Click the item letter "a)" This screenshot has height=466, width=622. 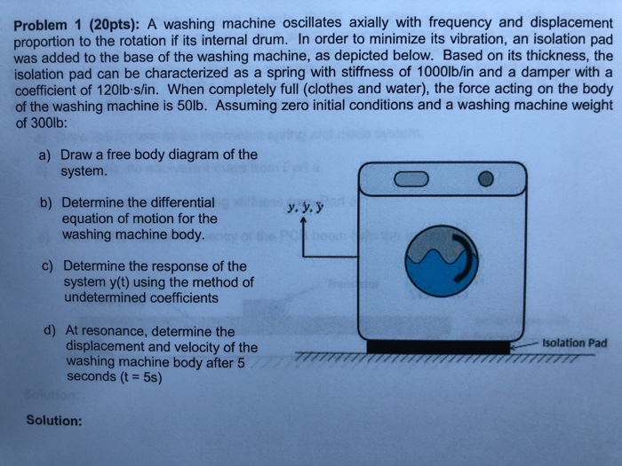pyautogui.click(x=44, y=154)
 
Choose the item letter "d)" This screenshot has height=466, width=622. pyautogui.click(x=50, y=330)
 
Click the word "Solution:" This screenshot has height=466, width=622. pyautogui.click(x=53, y=420)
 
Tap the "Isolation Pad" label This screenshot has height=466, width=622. pyautogui.click(x=576, y=343)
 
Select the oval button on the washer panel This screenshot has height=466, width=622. pyautogui.click(x=412, y=178)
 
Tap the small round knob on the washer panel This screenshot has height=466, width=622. pyautogui.click(x=484, y=178)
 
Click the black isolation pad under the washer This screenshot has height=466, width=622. pyautogui.click(x=439, y=346)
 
